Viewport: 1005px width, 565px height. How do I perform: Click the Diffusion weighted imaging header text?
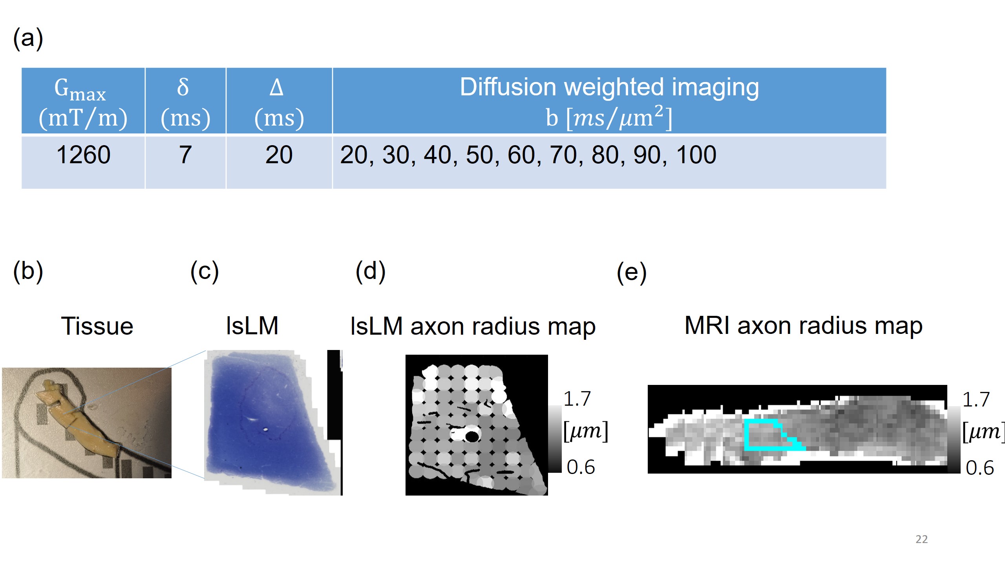(609, 87)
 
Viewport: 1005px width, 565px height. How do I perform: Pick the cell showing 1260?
(83, 155)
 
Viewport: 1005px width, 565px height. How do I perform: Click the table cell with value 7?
(185, 155)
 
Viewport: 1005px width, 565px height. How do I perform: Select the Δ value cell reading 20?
(279, 155)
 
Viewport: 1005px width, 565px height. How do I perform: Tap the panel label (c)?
(205, 272)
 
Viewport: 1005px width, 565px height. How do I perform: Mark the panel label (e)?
(631, 272)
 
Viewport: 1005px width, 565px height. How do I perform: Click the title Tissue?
(97, 326)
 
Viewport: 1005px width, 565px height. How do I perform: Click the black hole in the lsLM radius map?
(472, 436)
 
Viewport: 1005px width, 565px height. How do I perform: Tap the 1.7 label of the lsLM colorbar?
(577, 399)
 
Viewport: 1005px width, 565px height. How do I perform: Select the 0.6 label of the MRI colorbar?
(979, 468)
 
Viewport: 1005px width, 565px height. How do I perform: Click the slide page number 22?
(921, 539)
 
